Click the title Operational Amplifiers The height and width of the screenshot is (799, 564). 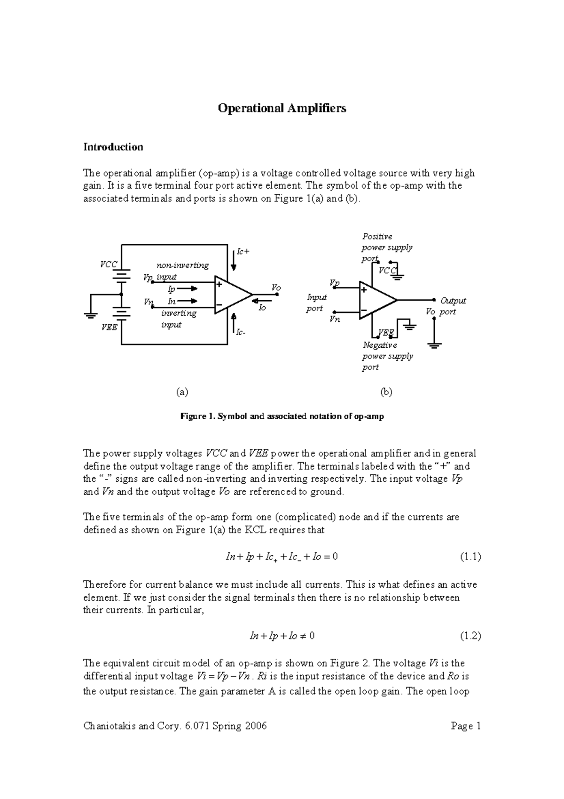point(282,108)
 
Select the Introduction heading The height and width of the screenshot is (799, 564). point(113,147)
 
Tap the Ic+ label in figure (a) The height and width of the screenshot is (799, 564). point(243,252)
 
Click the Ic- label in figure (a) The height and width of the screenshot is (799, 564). point(241,333)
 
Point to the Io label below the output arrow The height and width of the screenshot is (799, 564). point(262,307)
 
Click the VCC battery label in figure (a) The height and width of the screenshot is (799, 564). point(108,264)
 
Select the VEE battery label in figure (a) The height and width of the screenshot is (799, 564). point(109,327)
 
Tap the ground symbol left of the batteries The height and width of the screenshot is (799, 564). point(91,315)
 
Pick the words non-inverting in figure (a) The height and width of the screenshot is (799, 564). point(182,265)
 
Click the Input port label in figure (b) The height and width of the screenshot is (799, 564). point(316,303)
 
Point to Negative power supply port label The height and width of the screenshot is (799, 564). point(387,356)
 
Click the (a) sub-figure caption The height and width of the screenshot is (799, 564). point(182,392)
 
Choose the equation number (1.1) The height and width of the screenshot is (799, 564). point(470,557)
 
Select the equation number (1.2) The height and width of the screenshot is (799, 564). point(470,636)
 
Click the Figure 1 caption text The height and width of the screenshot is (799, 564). point(282,416)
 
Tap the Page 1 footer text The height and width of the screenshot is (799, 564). point(466,726)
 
